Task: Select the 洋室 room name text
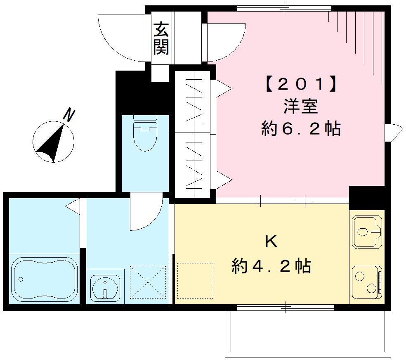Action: (300, 107)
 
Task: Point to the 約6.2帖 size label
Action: (300, 129)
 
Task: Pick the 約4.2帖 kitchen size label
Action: (271, 266)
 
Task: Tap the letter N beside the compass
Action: (69, 116)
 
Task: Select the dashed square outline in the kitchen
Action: (195, 281)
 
